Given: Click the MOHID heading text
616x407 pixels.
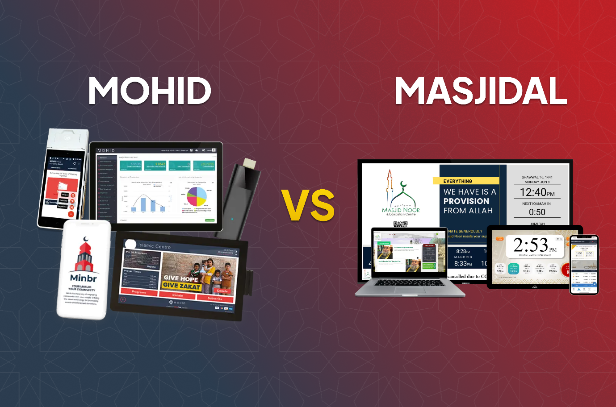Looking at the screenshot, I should (x=150, y=91).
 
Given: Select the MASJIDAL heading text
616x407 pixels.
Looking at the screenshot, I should (x=481, y=91).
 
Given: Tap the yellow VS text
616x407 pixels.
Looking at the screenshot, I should (x=308, y=205).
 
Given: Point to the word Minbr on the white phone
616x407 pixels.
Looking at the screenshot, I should (x=84, y=278).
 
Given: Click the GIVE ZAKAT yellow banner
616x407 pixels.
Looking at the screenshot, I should (x=181, y=286).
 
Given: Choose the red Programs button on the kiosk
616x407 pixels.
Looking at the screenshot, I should (x=139, y=292).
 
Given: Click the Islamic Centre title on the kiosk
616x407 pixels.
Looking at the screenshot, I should (x=154, y=246).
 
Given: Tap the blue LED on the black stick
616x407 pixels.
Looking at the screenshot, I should (x=232, y=219).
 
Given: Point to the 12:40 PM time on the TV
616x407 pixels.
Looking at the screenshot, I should (x=537, y=192).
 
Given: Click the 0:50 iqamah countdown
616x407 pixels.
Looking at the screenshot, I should (x=537, y=212).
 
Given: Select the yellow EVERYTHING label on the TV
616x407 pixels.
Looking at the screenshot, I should (x=458, y=181).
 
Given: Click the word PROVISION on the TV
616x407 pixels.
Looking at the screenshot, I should (x=466, y=201).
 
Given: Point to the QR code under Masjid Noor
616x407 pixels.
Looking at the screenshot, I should (x=400, y=224).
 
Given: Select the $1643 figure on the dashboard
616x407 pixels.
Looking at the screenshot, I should (x=159, y=164).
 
